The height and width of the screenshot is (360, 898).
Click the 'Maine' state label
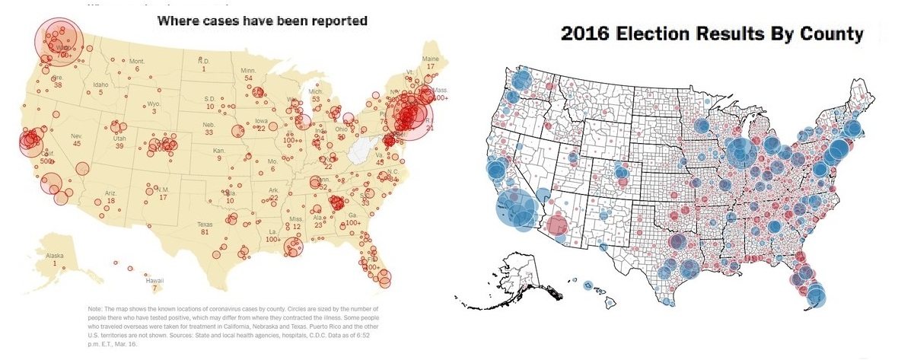point(430,59)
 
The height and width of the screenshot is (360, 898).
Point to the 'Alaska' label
point(55,256)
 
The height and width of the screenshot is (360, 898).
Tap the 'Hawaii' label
point(154,281)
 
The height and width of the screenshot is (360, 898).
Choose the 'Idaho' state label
point(100,84)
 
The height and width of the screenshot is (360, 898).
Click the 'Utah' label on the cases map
point(119,138)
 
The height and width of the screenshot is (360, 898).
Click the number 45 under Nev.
point(76,143)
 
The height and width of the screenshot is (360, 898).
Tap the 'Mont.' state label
point(137,61)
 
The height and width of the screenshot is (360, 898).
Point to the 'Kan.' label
point(219,150)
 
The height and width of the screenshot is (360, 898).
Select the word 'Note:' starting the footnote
point(97,307)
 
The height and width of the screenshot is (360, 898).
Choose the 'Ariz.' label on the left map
point(110,193)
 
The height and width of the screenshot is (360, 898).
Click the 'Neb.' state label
point(209,124)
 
